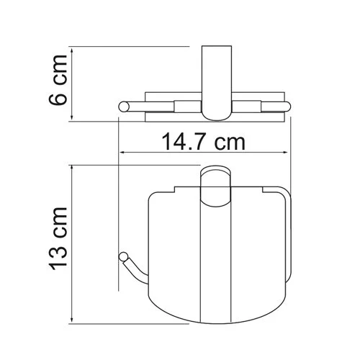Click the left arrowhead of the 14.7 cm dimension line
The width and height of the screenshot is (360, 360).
(122, 153)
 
